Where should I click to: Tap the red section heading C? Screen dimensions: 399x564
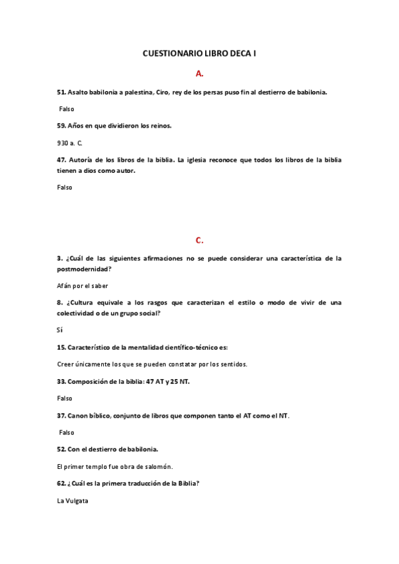tap(199, 239)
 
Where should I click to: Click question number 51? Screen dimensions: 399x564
tap(61, 92)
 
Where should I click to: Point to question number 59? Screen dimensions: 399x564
tap(61, 125)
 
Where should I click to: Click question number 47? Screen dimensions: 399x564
tap(61, 160)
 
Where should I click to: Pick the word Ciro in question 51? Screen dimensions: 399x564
tap(165, 92)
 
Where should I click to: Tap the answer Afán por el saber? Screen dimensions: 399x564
tap(81, 285)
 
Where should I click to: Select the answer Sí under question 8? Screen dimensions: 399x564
tap(60, 329)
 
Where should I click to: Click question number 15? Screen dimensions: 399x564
tap(61, 347)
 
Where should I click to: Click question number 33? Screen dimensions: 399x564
tap(61, 381)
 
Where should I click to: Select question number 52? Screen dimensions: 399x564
tap(61, 449)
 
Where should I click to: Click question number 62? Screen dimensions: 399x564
tap(61, 484)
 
